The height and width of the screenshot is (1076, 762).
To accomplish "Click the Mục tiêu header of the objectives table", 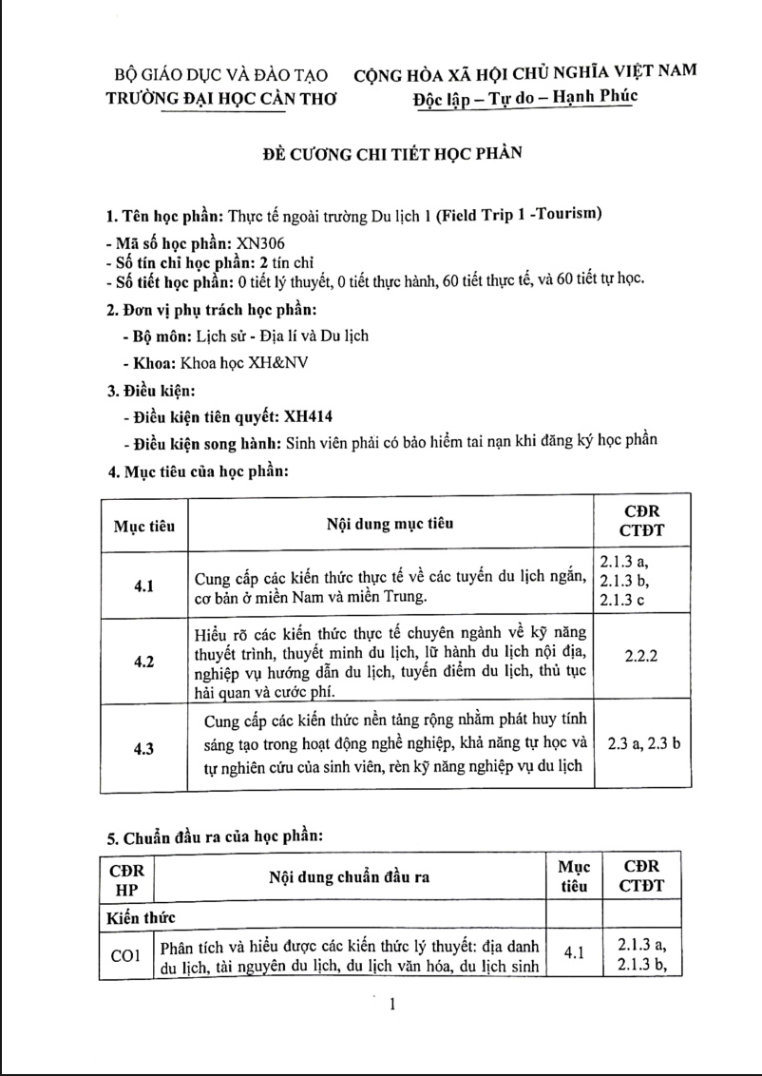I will tap(144, 525).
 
